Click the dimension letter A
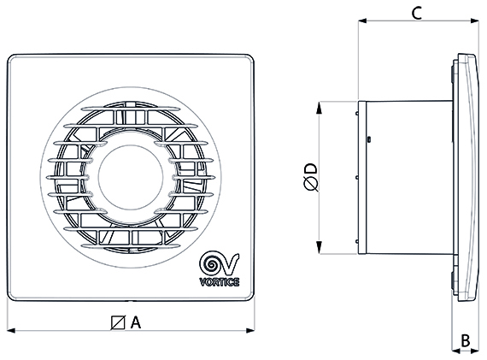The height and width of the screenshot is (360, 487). [135, 322]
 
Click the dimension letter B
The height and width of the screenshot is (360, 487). [466, 340]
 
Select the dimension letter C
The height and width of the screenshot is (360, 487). [416, 13]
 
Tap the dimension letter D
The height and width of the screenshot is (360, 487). [311, 168]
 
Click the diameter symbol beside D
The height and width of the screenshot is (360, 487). [311, 185]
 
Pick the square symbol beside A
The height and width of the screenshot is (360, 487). [118, 322]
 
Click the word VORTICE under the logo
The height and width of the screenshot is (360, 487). [220, 282]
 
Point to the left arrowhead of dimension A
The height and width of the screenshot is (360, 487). [11, 330]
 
